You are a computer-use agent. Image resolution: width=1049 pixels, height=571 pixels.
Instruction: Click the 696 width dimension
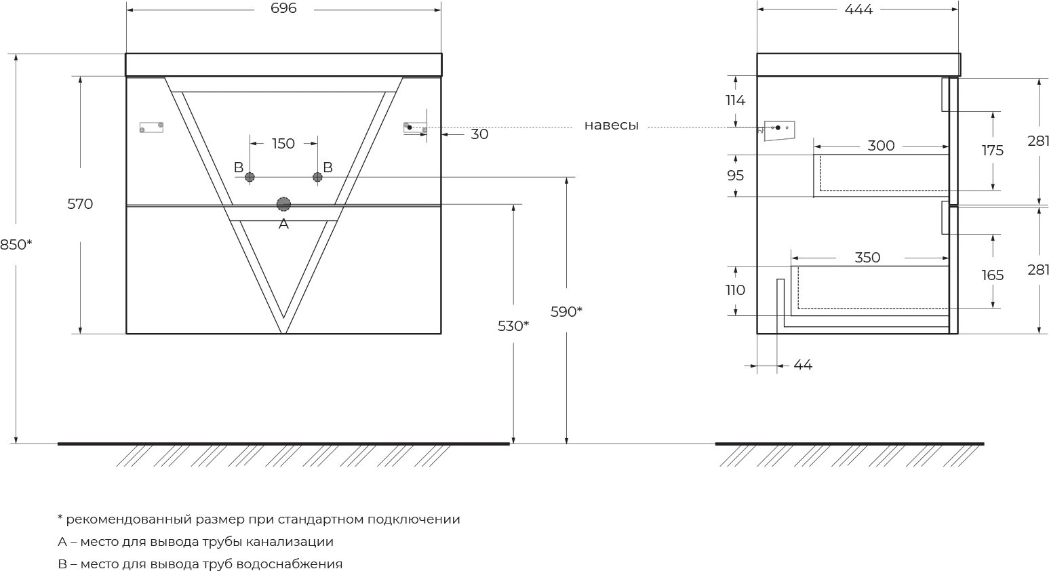tap(283, 9)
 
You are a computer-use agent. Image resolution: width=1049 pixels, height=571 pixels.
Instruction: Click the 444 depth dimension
tap(858, 9)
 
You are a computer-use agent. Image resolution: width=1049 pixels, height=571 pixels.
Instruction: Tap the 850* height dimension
tap(16, 245)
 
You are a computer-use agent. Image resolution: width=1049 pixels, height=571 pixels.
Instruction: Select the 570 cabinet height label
tap(80, 204)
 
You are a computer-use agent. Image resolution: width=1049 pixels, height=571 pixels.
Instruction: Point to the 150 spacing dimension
tap(283, 144)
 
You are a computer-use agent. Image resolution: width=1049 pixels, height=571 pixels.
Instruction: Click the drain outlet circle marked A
tap(283, 204)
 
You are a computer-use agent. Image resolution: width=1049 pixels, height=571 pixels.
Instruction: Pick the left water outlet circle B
tap(250, 177)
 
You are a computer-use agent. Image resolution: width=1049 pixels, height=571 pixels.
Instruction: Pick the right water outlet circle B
tap(317, 177)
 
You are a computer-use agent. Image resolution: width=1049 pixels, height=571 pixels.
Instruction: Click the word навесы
tap(611, 125)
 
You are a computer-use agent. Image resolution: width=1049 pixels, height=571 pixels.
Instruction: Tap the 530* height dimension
tap(513, 326)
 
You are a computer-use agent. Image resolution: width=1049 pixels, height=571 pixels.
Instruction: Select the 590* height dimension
tap(566, 312)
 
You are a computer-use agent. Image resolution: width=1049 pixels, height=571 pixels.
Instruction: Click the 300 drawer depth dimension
tap(881, 146)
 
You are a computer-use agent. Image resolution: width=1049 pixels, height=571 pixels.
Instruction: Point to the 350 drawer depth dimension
tap(867, 258)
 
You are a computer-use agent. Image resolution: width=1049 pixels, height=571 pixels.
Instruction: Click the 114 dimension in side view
tap(735, 100)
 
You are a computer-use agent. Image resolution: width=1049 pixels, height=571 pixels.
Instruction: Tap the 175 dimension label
tap(992, 151)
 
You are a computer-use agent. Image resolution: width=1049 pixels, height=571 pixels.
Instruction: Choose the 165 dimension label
tap(992, 275)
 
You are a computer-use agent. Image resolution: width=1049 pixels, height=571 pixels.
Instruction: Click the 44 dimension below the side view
tap(802, 366)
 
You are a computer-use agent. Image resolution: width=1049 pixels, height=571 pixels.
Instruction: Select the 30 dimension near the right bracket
tap(479, 134)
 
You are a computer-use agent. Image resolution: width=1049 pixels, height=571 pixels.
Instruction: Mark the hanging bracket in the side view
tap(778, 130)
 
